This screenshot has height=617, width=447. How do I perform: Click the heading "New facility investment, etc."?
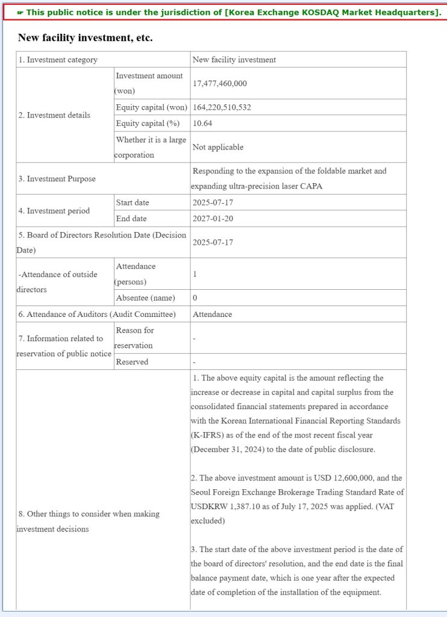tap(85, 38)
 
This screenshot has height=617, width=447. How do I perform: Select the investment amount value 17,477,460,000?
tap(219, 84)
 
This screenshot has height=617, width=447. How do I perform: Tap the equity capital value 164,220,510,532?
tap(222, 107)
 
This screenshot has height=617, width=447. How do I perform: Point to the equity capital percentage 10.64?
tap(202, 123)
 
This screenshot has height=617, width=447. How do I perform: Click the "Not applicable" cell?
tap(217, 147)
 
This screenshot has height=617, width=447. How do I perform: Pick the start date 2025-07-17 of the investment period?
tap(213, 202)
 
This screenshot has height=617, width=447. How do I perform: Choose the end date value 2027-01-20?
tap(213, 218)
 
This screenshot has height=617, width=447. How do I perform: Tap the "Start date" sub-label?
tap(133, 202)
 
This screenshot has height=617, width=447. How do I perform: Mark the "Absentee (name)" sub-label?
tap(145, 298)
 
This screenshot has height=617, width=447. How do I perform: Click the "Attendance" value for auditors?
tap(212, 314)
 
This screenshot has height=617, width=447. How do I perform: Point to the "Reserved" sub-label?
tap(132, 362)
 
